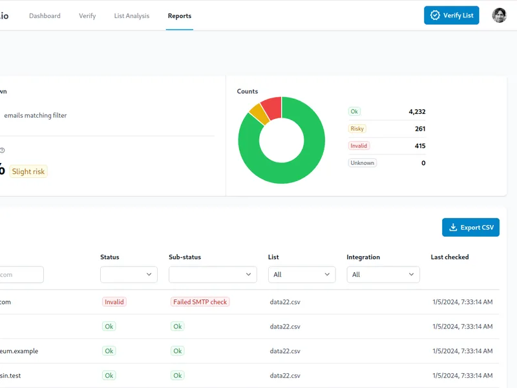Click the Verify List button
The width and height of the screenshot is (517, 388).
click(451, 15)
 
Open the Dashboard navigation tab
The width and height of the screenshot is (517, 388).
click(45, 16)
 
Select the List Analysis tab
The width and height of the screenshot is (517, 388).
click(132, 16)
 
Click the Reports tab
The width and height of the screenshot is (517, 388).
click(180, 16)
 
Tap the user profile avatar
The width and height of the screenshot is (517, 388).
click(499, 15)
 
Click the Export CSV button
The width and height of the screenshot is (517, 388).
click(470, 228)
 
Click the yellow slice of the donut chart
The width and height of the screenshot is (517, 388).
click(259, 114)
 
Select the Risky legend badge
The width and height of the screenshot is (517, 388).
click(357, 129)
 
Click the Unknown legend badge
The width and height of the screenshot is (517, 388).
click(363, 163)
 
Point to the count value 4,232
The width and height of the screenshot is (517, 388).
click(417, 111)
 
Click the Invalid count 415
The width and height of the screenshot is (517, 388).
click(420, 146)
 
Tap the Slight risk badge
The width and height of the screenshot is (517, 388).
click(28, 171)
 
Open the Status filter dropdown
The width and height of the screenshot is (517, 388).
click(129, 274)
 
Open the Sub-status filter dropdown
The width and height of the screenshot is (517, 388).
click(213, 274)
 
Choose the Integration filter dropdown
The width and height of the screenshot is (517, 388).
click(383, 274)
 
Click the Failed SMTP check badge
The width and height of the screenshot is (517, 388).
click(200, 302)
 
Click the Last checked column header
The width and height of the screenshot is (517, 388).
click(450, 257)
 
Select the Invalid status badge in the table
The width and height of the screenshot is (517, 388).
click(114, 302)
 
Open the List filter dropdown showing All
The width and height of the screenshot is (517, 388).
click(302, 274)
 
